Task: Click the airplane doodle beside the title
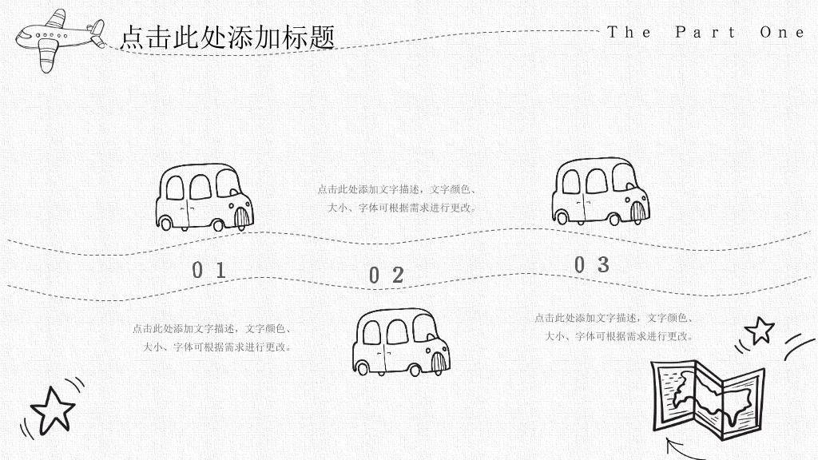tap(59, 39)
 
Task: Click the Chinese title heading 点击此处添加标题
tap(228, 38)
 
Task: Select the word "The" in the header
tap(629, 32)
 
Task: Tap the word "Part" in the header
tap(705, 32)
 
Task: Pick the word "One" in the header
tap(782, 32)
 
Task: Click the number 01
tap(208, 270)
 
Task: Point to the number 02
tap(387, 276)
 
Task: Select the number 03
tap(592, 265)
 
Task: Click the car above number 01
tap(204, 198)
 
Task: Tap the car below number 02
tap(401, 342)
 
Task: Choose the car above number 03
tap(601, 192)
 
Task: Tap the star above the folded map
tap(760, 331)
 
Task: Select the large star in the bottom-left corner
tap(52, 411)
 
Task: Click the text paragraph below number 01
tap(212, 338)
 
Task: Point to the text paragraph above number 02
tap(397, 199)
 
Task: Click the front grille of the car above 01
tap(241, 218)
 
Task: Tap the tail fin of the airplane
tap(97, 32)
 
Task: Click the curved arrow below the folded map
tap(681, 450)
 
